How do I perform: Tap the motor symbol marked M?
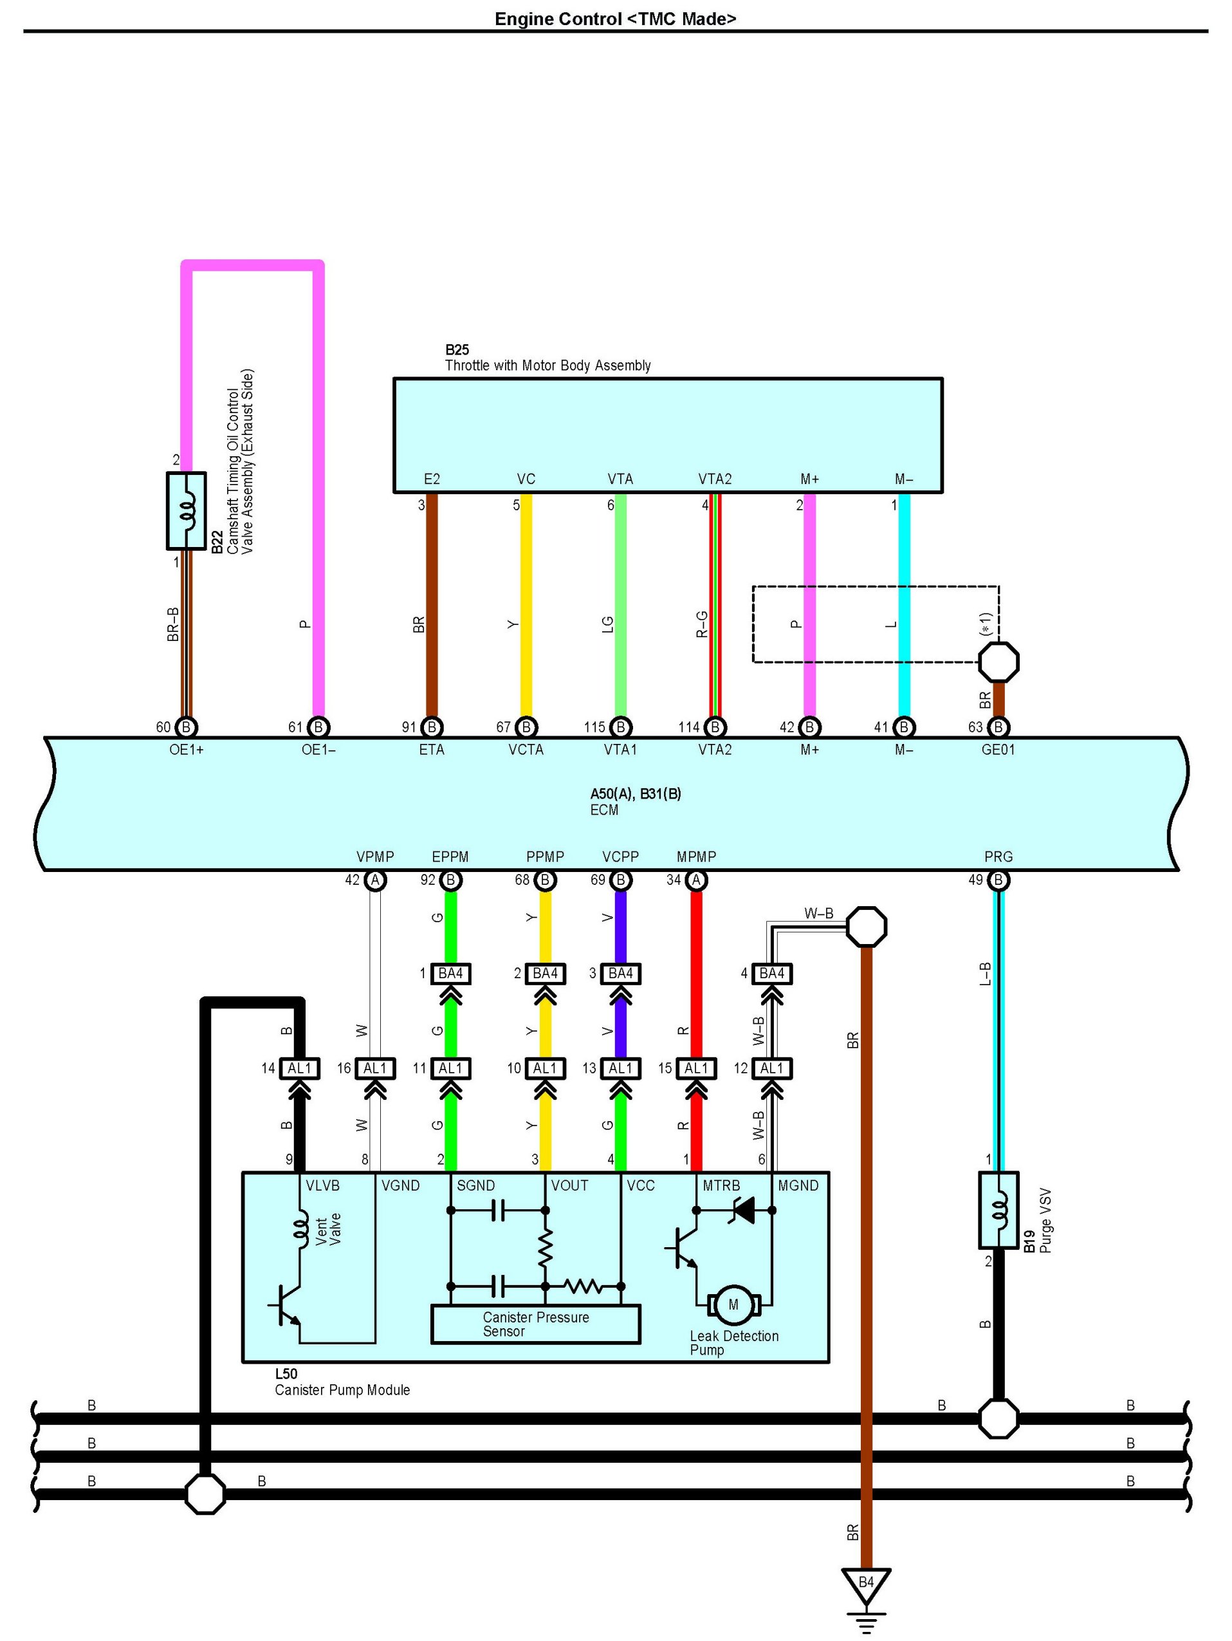(x=733, y=1305)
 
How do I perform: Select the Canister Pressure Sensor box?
(x=535, y=1324)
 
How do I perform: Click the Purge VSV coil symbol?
(x=998, y=1209)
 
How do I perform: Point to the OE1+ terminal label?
(x=186, y=750)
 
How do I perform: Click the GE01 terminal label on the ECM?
(x=998, y=750)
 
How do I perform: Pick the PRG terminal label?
(x=998, y=857)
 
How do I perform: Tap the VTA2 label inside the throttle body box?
(x=714, y=479)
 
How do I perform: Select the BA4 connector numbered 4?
(x=771, y=973)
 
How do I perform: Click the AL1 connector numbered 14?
(x=300, y=1068)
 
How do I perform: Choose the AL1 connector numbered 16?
(x=375, y=1068)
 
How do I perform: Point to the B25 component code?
(x=457, y=349)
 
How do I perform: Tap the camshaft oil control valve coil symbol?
(x=186, y=511)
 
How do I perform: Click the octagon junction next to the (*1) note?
(x=998, y=662)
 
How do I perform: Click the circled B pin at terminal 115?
(x=620, y=728)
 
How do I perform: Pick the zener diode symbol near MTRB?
(x=742, y=1210)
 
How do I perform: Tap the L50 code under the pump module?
(x=286, y=1374)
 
